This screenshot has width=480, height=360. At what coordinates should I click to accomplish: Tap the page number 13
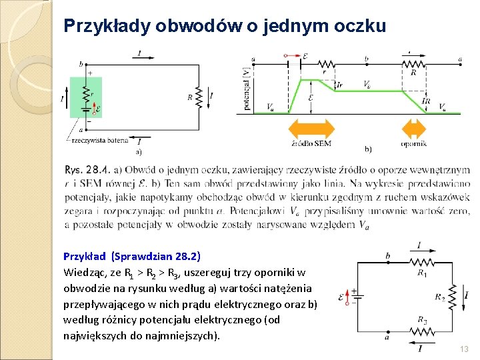tap(465, 349)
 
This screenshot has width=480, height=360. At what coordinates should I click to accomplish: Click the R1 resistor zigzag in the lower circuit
tap(421, 262)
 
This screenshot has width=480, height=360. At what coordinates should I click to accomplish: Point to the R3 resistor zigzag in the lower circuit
tap(421, 329)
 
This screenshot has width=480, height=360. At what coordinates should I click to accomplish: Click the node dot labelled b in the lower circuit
tap(388, 262)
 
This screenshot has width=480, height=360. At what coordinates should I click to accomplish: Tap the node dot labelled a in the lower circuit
tap(388, 329)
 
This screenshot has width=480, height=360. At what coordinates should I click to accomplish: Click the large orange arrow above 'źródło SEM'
tap(311, 129)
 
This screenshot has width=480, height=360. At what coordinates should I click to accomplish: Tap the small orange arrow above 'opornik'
tap(413, 129)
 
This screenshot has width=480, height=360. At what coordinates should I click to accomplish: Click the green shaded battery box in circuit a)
tap(86, 97)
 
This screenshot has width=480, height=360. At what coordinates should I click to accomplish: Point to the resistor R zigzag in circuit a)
tap(199, 96)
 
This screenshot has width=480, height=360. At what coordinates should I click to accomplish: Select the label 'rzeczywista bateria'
tap(99, 141)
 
